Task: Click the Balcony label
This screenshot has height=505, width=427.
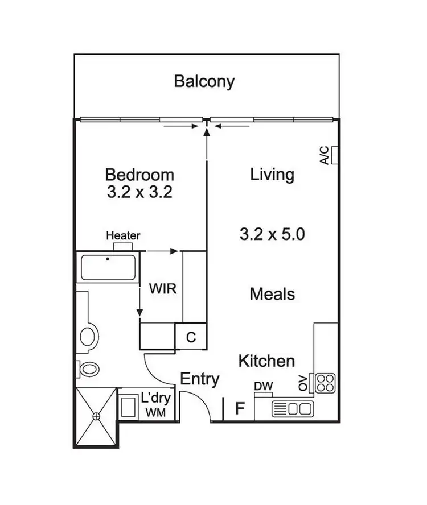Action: (x=204, y=81)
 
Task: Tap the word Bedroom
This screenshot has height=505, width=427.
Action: (x=139, y=174)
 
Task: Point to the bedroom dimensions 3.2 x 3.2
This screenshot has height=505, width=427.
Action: (x=139, y=192)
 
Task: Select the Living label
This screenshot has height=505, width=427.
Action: (x=272, y=174)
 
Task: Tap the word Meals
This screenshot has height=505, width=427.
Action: (x=272, y=294)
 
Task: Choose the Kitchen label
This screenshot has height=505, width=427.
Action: (x=266, y=361)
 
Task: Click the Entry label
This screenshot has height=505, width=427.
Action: (x=200, y=379)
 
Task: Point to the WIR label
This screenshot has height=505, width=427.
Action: (x=163, y=288)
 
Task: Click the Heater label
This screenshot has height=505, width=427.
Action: (x=123, y=235)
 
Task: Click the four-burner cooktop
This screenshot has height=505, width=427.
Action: (x=325, y=383)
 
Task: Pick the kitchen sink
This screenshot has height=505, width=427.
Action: (x=293, y=408)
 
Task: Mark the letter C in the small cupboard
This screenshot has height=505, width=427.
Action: (x=191, y=337)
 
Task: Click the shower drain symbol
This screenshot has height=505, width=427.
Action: (x=96, y=416)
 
